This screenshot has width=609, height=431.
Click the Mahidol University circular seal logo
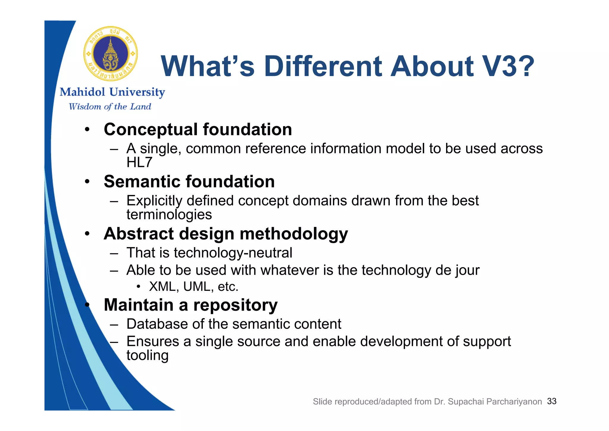(x=111, y=54)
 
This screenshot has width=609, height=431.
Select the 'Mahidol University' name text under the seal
(x=112, y=92)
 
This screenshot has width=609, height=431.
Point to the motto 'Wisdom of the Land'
(x=110, y=107)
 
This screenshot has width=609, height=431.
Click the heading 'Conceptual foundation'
(x=198, y=129)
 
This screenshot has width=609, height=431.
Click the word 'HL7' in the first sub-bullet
(x=139, y=163)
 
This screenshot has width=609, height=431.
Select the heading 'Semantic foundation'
(x=189, y=182)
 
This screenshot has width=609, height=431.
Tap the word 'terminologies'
(x=169, y=215)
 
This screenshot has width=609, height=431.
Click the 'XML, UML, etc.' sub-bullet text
(x=194, y=287)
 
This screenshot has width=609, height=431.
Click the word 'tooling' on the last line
(x=147, y=355)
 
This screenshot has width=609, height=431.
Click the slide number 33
(x=552, y=401)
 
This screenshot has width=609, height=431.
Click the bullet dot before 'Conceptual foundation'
(x=87, y=129)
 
